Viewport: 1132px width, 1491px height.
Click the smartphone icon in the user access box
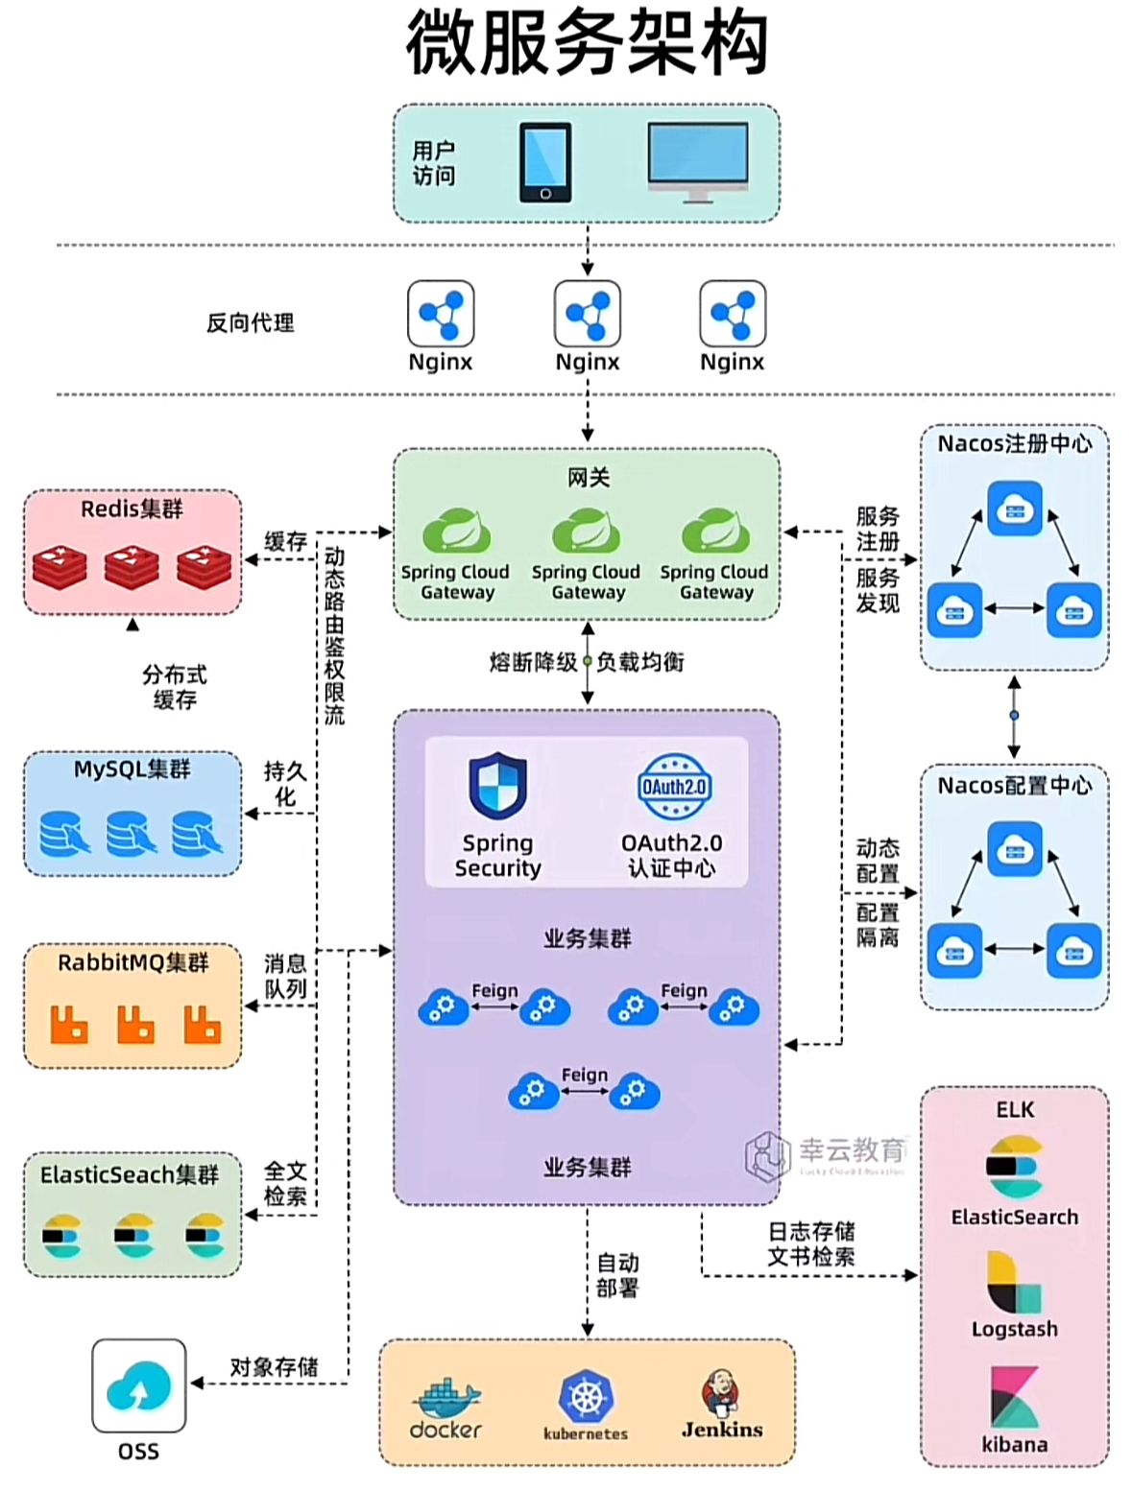[x=544, y=162]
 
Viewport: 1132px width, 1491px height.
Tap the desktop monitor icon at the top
[x=697, y=160]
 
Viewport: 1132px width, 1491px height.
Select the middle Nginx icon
[x=588, y=313]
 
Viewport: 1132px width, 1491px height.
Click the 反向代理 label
[x=250, y=323]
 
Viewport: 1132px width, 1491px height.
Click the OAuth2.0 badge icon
[x=674, y=787]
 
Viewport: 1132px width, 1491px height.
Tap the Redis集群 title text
[x=132, y=509]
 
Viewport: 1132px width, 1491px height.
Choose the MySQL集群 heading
[x=132, y=769]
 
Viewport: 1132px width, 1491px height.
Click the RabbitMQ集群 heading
[x=132, y=962]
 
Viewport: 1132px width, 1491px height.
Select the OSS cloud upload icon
[x=139, y=1385]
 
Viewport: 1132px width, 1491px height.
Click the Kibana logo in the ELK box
[x=1014, y=1397]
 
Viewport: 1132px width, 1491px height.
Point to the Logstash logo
[x=1014, y=1282]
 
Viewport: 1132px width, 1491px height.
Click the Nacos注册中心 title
[x=1014, y=444]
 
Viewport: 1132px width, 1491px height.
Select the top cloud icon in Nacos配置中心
[x=1014, y=849]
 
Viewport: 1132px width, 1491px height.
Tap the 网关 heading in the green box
[x=588, y=477]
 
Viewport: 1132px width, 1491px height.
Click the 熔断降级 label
[x=533, y=662]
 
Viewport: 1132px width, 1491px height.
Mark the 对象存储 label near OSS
[x=274, y=1367]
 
